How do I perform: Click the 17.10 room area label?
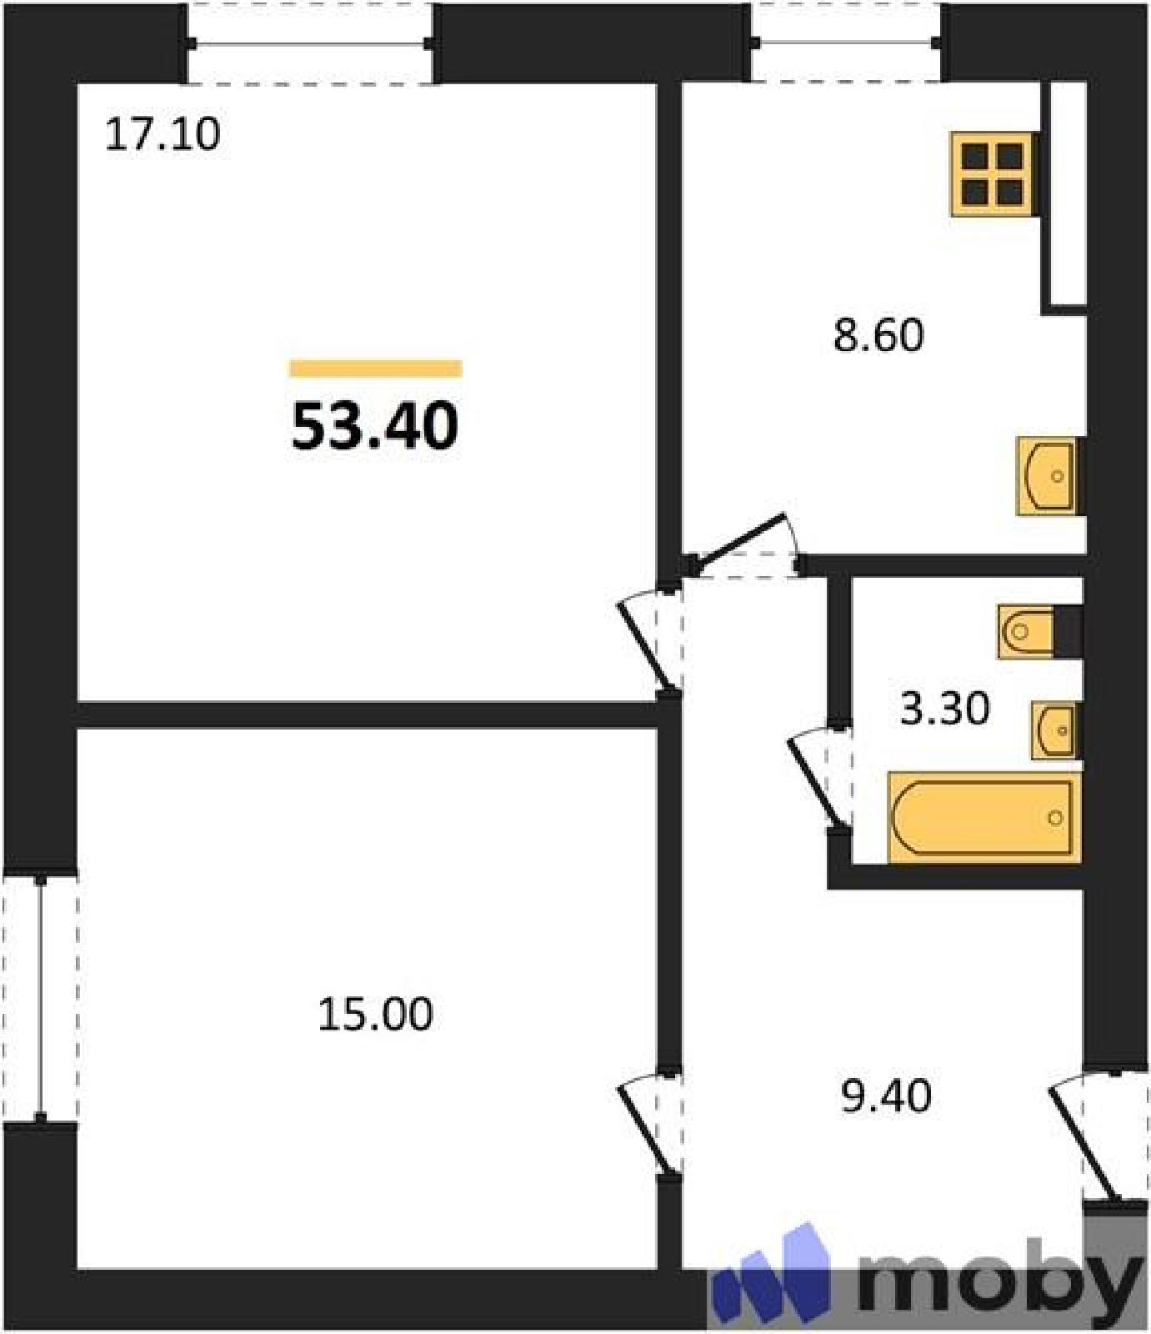pyautogui.click(x=163, y=134)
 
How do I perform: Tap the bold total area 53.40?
pyautogui.click(x=375, y=425)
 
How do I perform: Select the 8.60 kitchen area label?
pyautogui.click(x=878, y=335)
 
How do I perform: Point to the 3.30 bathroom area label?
pyautogui.click(x=945, y=709)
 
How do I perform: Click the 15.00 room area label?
pyautogui.click(x=376, y=1015)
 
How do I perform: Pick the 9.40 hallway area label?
pyautogui.click(x=886, y=1096)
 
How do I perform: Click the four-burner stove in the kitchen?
pyautogui.click(x=994, y=174)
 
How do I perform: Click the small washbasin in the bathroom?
pyautogui.click(x=1055, y=730)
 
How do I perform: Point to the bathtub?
pyautogui.click(x=984, y=817)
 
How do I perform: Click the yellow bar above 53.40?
pyautogui.click(x=376, y=369)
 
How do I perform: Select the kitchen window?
pyautogui.click(x=847, y=43)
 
